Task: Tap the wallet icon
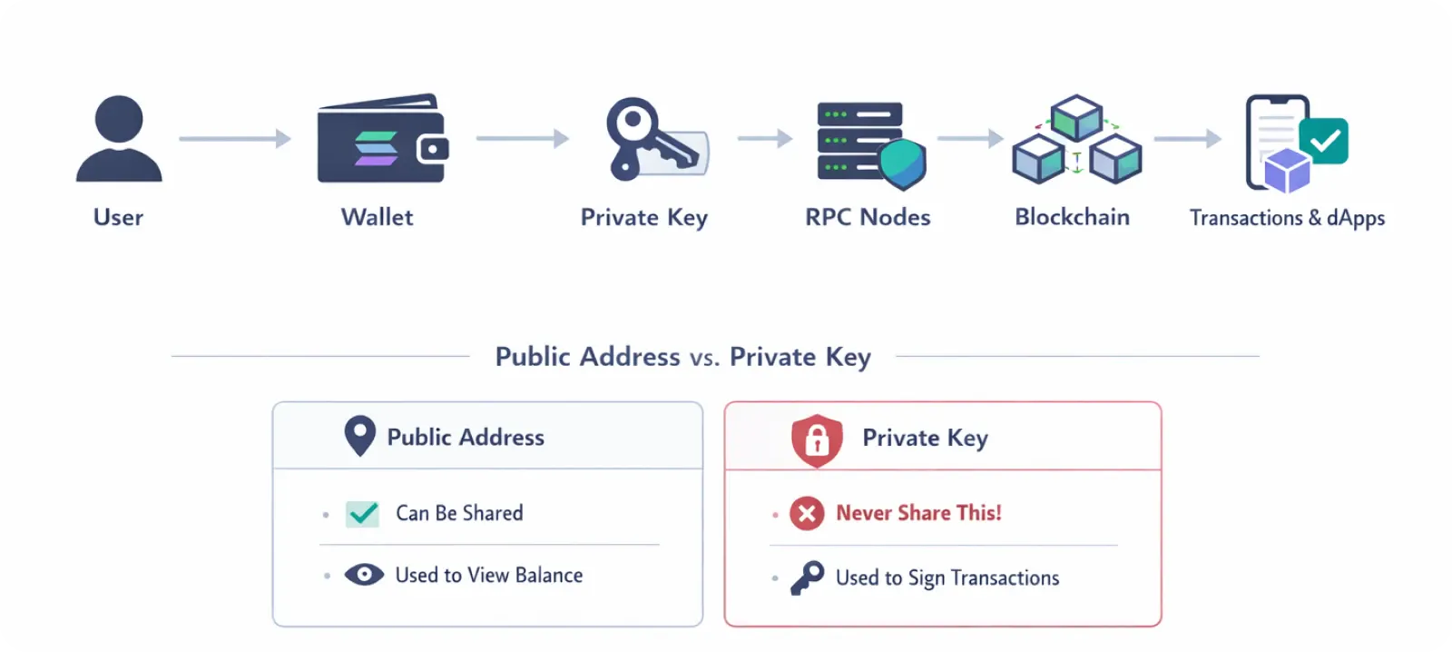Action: (x=381, y=139)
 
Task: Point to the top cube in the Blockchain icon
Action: (x=1076, y=117)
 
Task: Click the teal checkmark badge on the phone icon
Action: (x=1324, y=141)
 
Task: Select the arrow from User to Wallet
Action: (x=234, y=139)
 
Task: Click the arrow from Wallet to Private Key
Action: (x=522, y=139)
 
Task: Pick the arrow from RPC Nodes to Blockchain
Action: (x=969, y=139)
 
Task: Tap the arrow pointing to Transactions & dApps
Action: (x=1187, y=139)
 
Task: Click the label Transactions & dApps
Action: (x=1287, y=218)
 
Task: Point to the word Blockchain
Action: (x=1072, y=217)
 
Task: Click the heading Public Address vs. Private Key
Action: (x=682, y=357)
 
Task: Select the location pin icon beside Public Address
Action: (x=360, y=436)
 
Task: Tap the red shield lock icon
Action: (x=817, y=440)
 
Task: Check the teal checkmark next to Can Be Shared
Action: (x=363, y=514)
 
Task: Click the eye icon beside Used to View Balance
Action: (x=364, y=575)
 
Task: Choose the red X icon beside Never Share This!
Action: (x=807, y=514)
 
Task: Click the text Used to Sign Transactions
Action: (x=947, y=578)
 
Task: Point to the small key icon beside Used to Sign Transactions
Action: (x=807, y=578)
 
